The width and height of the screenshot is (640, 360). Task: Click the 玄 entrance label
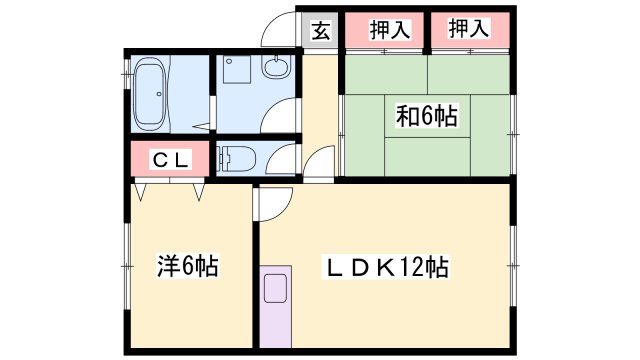pyautogui.click(x=320, y=29)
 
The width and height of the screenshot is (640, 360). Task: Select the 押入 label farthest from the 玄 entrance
pyautogui.click(x=469, y=29)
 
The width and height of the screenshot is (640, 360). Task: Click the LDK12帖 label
pyautogui.click(x=385, y=267)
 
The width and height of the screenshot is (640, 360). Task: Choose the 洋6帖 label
pyautogui.click(x=187, y=267)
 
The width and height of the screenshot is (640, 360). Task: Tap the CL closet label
pyautogui.click(x=168, y=159)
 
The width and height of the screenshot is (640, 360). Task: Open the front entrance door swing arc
pyautogui.click(x=279, y=31)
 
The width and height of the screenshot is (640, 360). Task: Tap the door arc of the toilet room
pyautogui.click(x=285, y=157)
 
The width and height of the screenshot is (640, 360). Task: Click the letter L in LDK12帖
pyautogui.click(x=331, y=267)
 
